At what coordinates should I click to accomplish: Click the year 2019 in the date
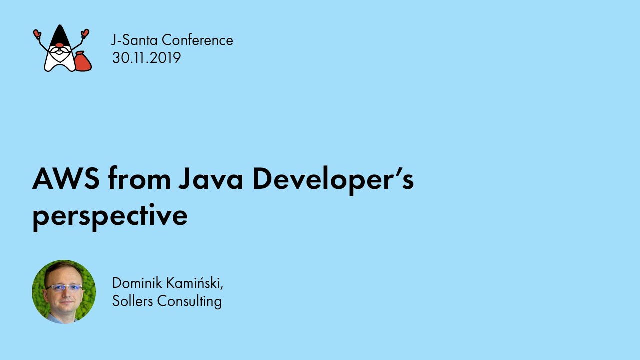click(x=165, y=58)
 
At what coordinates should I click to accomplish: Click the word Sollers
click(x=133, y=301)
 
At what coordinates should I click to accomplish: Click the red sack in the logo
click(x=82, y=61)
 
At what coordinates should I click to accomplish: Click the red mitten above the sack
click(x=85, y=33)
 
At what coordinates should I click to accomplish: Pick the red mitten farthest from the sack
click(x=37, y=34)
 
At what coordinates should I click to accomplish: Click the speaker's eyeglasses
click(x=63, y=288)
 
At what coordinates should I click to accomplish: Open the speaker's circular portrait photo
click(x=64, y=291)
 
